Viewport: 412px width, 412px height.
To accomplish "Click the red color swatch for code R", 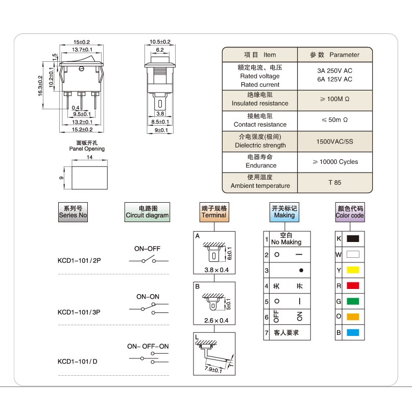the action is tap(353, 285).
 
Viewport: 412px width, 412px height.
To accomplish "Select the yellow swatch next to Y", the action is tap(353, 270).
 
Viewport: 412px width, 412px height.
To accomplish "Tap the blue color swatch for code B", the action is tap(353, 332).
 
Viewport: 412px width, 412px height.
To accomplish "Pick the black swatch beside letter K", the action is tap(353, 238).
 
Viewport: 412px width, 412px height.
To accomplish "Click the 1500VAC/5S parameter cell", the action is tap(335, 141).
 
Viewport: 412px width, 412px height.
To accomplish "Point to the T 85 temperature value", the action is tap(335, 183).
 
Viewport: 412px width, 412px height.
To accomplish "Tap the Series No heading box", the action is tap(73, 212).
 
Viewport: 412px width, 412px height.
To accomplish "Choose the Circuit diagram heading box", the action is tap(147, 212).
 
